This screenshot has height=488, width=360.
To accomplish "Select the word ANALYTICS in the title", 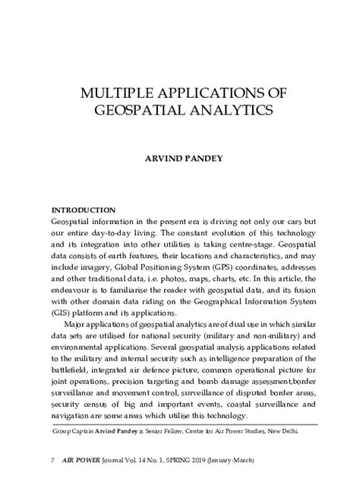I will (229, 112).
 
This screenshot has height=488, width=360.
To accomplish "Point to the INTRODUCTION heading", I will (83, 209).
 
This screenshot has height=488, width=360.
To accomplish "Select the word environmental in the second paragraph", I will (79, 348).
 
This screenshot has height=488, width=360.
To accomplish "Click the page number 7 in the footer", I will (52, 461).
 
